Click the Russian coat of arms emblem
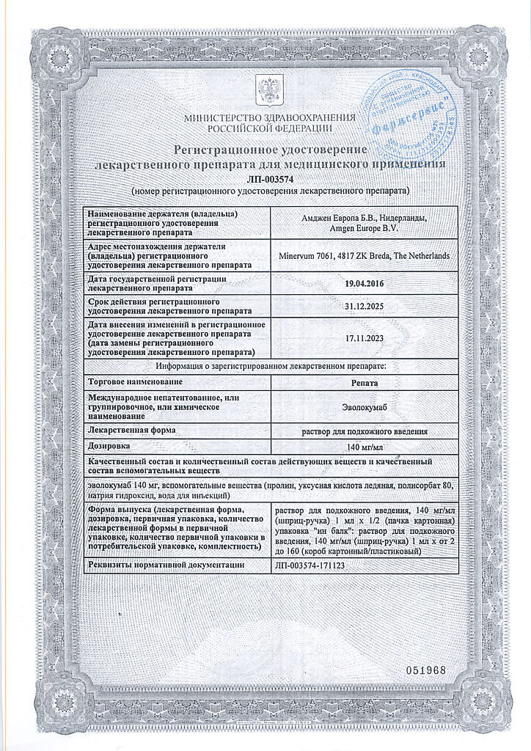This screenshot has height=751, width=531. click(265, 90)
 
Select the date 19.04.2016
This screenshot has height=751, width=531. click(365, 283)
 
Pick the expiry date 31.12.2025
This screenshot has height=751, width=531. click(365, 307)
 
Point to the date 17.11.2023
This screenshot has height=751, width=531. click(365, 337)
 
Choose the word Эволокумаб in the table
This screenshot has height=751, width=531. click(365, 406)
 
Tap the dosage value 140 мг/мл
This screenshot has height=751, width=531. click(365, 447)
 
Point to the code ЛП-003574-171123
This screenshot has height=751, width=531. click(310, 565)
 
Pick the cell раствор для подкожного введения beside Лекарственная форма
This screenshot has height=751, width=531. click(365, 431)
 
